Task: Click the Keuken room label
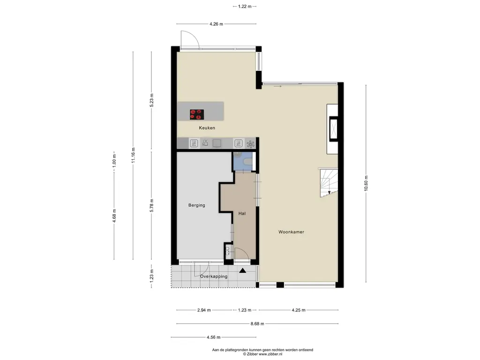pos(207,128)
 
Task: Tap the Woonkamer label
pos(291,232)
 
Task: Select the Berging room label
pos(196,205)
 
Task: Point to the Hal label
pos(242,213)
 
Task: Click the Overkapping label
pos(214,277)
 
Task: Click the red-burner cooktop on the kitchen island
pos(197,114)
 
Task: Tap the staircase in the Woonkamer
pos(329,183)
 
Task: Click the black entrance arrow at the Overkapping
pos(243,270)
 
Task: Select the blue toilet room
pos(242,161)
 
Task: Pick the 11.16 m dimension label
pos(133,155)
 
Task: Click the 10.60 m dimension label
pos(366,183)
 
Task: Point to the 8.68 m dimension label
pos(257,323)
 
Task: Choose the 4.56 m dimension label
pos(213,337)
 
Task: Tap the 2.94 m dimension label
pos(204,310)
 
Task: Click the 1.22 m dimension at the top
pos(245,6)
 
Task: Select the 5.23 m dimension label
pos(151,100)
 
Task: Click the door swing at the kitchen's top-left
pos(190,40)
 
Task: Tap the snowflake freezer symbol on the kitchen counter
pos(250,144)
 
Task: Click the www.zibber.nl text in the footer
pos(270,354)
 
